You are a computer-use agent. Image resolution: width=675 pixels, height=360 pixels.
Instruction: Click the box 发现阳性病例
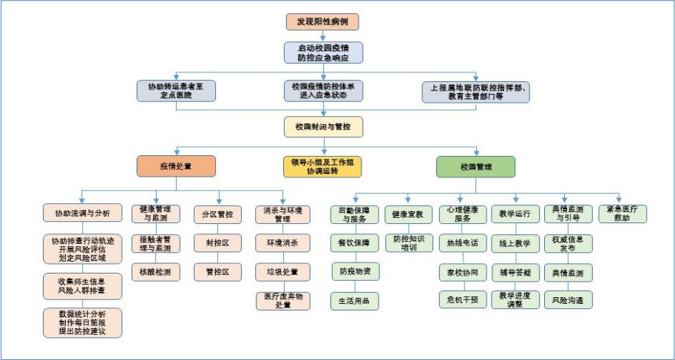[x=322, y=21]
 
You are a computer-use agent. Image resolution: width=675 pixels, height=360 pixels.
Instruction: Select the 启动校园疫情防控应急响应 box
[x=323, y=52]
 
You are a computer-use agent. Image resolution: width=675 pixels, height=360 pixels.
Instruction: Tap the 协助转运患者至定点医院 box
[x=175, y=90]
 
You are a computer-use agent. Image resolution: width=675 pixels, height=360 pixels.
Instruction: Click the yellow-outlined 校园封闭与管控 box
[x=323, y=127]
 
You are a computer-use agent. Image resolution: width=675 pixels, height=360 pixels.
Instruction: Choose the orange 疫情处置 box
[x=175, y=166]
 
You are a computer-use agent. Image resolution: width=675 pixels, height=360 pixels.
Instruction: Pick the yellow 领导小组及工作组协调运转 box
[x=323, y=166]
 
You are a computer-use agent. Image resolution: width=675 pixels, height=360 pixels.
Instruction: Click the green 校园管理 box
[x=475, y=166]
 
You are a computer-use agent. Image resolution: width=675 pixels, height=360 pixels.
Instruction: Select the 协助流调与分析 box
[x=81, y=214]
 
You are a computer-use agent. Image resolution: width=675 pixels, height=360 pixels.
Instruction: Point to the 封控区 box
[x=218, y=242]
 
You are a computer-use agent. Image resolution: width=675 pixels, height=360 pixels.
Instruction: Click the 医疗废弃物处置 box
[x=283, y=301]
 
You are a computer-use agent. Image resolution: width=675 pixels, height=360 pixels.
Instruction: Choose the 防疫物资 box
[x=355, y=271]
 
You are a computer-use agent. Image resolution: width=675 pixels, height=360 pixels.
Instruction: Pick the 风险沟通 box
[x=567, y=300]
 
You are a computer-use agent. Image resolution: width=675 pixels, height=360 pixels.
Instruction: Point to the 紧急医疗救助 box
[x=622, y=214]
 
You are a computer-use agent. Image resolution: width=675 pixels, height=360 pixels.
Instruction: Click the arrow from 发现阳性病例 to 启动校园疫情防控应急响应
[x=323, y=35]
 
